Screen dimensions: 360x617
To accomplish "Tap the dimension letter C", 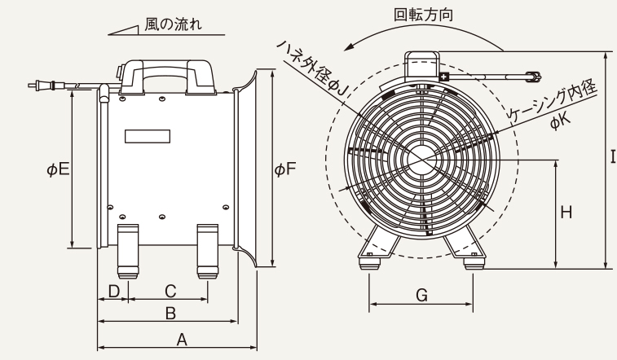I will [170, 290].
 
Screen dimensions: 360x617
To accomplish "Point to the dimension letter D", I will [114, 290].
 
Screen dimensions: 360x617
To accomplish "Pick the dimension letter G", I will [421, 296].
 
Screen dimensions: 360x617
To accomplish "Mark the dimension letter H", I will [566, 213].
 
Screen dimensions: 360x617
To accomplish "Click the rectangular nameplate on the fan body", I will [148, 135].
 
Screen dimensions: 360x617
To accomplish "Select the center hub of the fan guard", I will [422, 156].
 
